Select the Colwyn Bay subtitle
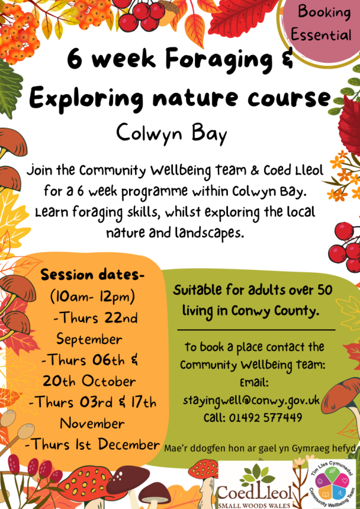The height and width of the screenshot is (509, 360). (171, 134)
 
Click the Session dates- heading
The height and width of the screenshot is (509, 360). (92, 275)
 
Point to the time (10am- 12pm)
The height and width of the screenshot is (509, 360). (92, 297)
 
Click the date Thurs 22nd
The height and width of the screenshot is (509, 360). (95, 318)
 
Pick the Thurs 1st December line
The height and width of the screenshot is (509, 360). (92, 444)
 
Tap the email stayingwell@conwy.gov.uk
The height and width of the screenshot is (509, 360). (251, 400)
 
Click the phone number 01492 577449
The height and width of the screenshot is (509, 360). (265, 417)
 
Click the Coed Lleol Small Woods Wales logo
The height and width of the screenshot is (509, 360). (256, 484)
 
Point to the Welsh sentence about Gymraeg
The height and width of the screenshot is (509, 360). (260, 448)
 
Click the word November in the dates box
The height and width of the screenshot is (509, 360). (92, 423)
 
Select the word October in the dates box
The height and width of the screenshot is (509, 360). (108, 381)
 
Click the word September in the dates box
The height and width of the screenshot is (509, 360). (89, 339)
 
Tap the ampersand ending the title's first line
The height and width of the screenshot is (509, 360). (286, 59)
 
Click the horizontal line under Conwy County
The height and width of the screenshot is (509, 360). (256, 330)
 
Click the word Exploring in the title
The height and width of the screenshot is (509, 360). (87, 98)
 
